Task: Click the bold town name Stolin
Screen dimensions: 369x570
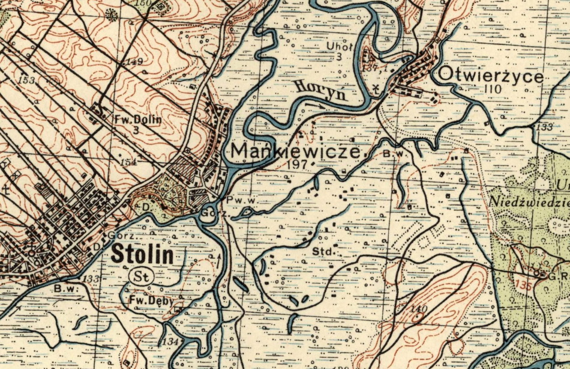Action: click(x=142, y=255)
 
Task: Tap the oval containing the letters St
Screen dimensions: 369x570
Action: click(x=142, y=276)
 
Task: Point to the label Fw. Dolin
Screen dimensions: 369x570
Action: click(x=138, y=119)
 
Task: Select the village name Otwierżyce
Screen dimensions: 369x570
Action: click(x=491, y=76)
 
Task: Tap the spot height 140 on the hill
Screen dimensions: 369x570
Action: click(x=418, y=310)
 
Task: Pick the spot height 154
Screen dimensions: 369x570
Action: click(x=128, y=162)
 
